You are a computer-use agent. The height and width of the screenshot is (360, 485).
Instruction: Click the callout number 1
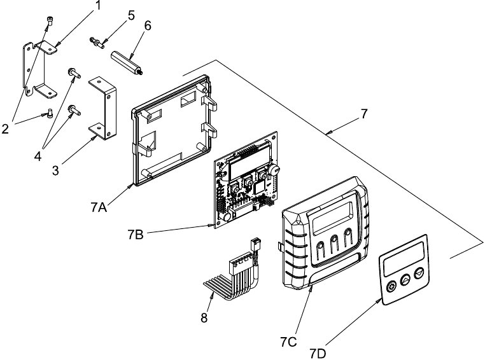(x=98, y=5)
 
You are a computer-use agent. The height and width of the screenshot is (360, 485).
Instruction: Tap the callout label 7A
(x=99, y=207)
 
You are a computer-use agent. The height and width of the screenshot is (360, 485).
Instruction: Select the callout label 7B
(x=136, y=235)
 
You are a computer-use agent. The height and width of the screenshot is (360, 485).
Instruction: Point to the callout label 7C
(x=288, y=342)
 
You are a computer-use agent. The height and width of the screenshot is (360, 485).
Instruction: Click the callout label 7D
(x=318, y=354)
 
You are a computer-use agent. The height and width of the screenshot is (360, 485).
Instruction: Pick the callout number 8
(x=204, y=317)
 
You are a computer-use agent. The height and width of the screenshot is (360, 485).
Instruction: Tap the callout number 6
(x=148, y=25)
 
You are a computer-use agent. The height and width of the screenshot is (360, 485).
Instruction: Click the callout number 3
(x=55, y=170)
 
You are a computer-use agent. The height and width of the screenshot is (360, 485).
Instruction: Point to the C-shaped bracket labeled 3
(x=103, y=108)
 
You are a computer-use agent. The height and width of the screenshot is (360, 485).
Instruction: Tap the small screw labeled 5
(x=96, y=43)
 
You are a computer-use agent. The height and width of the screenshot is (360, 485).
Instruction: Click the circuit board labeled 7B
(x=246, y=180)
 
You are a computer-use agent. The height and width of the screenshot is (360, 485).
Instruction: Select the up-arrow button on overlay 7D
(x=405, y=280)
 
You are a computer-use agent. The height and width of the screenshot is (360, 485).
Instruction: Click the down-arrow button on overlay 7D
(x=419, y=273)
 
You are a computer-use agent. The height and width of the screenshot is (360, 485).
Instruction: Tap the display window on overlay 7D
(x=404, y=258)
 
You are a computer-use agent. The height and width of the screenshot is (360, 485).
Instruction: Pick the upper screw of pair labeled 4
(x=74, y=73)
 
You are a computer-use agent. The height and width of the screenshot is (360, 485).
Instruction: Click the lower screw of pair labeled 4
(x=74, y=109)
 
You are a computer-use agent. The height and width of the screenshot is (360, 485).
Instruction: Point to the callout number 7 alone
(x=364, y=114)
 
